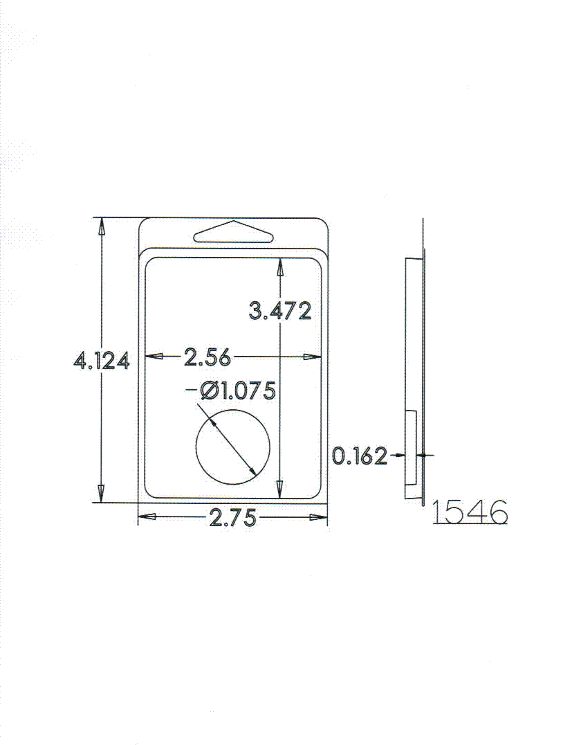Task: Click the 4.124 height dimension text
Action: tap(102, 361)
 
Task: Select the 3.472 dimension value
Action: tap(281, 311)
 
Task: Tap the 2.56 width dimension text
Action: tap(207, 357)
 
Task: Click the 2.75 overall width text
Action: tap(232, 517)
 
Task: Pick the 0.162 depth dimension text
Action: tap(360, 456)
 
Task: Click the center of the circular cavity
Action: tap(232, 447)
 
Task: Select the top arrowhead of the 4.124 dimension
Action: tap(101, 226)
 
